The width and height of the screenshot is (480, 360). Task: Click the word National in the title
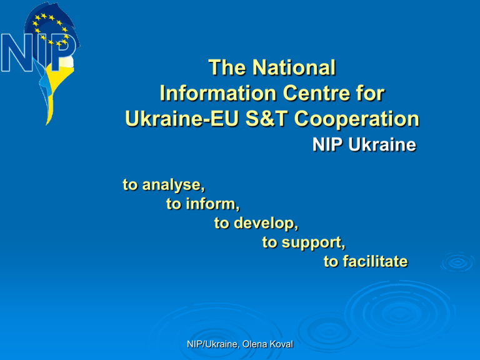coord(294,67)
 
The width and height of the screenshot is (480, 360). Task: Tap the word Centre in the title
coord(316,93)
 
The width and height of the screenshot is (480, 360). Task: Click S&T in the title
coord(267,119)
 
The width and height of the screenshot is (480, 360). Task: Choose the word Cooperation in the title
coord(357,120)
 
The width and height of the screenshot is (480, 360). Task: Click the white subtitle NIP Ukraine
coord(364,144)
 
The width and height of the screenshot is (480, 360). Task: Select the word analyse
coord(173,185)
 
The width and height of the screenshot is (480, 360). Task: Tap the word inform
coord(212,204)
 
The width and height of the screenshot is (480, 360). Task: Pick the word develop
coord(266,224)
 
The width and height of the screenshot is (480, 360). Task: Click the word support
coord(313,243)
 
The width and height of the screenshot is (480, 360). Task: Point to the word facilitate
coord(375,261)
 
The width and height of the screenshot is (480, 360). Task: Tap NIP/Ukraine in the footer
coord(213,345)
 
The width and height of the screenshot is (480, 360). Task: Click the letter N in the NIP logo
coord(17,52)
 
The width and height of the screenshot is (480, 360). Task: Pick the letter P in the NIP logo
coord(64,52)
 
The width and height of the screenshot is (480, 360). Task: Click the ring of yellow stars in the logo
coord(51,30)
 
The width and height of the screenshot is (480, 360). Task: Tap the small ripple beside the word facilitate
coord(457,262)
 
